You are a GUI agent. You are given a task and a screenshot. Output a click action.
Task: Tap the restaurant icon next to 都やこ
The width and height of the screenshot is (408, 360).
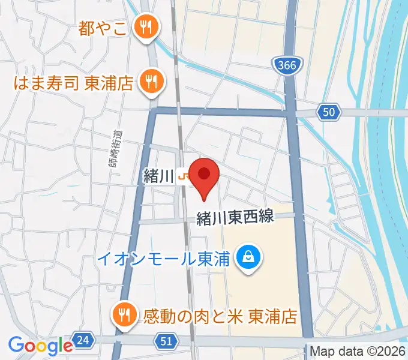(145, 26)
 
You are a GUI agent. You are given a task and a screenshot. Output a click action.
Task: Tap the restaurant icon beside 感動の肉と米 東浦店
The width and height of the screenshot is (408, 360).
(125, 313)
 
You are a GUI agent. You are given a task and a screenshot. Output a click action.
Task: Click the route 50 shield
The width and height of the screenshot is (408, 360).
(329, 112)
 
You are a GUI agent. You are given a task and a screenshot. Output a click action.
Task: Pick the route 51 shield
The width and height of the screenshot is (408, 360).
(169, 341)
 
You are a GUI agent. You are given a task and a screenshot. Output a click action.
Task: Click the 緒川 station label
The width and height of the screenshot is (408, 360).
(158, 176)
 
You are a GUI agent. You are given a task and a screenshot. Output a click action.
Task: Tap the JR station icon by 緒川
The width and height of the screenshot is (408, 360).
(184, 176)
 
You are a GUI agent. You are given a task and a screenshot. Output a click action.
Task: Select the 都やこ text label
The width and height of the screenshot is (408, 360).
(103, 28)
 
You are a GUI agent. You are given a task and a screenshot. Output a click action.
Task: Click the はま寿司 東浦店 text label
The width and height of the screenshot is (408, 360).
(75, 82)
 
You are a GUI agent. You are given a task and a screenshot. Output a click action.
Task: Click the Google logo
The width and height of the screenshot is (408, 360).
(40, 345)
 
